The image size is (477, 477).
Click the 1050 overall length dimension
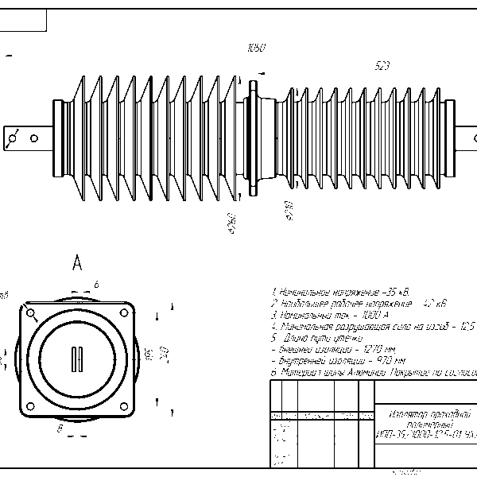[x=256, y=48]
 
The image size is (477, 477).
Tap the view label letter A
[x=77, y=264]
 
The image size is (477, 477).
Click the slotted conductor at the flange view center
[x=78, y=359]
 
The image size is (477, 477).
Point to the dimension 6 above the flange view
[x=95, y=284]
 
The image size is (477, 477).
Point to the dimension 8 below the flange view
[x=60, y=429]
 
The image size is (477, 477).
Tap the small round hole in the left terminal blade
[x=34, y=138]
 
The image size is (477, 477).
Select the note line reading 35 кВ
[x=335, y=291]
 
